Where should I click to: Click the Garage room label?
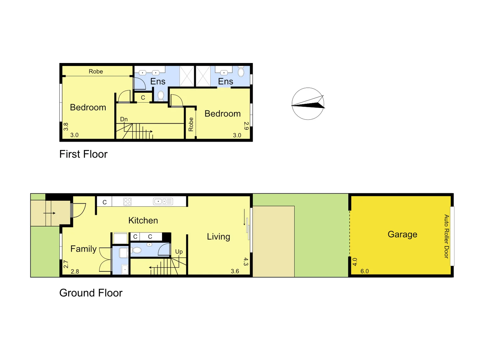tap(402, 234)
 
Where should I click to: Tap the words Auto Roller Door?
tap(446, 236)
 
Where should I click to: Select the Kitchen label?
tap(143, 220)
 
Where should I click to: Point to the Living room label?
tap(218, 237)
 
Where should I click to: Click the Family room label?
tap(83, 249)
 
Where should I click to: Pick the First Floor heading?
tap(83, 154)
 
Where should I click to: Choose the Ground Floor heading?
tap(91, 293)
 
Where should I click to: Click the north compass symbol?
tap(308, 104)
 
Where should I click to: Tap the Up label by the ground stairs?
tap(179, 252)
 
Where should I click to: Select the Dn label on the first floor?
tap(124, 119)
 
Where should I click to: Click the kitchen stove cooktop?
tap(127, 201)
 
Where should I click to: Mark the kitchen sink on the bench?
tap(163, 201)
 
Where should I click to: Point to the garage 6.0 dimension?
tap(364, 271)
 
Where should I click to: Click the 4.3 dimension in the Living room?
tap(246, 261)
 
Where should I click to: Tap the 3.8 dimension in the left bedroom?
tap(66, 127)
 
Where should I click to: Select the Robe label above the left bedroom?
tap(96, 71)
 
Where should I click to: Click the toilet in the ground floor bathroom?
tap(137, 250)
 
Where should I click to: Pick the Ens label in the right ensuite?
tap(225, 81)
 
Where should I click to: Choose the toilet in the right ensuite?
tap(241, 72)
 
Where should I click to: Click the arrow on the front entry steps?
tap(49, 213)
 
